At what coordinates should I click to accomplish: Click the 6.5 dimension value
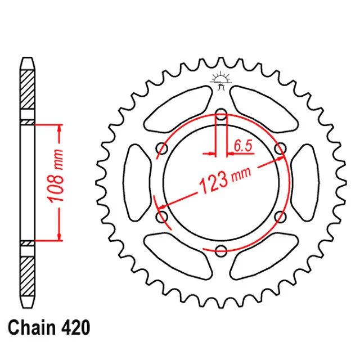click(243, 145)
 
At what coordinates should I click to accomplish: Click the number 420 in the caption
click(75, 327)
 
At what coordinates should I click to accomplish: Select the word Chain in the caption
click(32, 327)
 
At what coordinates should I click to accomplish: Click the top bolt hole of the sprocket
click(221, 114)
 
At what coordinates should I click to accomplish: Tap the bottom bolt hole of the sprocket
click(221, 250)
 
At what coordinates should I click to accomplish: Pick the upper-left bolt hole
click(162, 148)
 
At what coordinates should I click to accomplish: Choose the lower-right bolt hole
click(280, 217)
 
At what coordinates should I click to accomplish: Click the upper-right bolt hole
click(280, 148)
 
